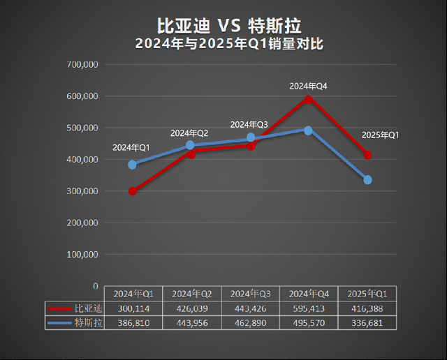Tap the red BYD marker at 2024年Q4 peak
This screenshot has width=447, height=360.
pyautogui.click(x=308, y=99)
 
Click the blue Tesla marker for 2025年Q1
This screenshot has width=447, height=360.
pyautogui.click(x=367, y=180)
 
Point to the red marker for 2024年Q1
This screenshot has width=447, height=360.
pyautogui.click(x=133, y=191)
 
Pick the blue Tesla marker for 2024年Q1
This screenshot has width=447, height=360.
pyautogui.click(x=133, y=165)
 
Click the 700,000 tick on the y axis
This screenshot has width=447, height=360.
pyautogui.click(x=83, y=64)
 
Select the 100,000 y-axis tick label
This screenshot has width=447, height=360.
pyautogui.click(x=83, y=255)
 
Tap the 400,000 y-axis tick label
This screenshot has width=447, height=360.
pyautogui.click(x=83, y=160)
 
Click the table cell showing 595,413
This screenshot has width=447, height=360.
pyautogui.click(x=309, y=308)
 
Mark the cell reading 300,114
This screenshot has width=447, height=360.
pyautogui.click(x=133, y=308)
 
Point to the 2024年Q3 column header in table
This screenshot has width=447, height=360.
pyautogui.click(x=250, y=293)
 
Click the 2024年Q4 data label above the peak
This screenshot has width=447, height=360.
pyautogui.click(x=309, y=86)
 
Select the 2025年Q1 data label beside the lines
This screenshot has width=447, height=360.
pyautogui.click(x=380, y=135)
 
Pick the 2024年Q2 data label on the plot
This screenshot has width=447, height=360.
pyautogui.click(x=189, y=133)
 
